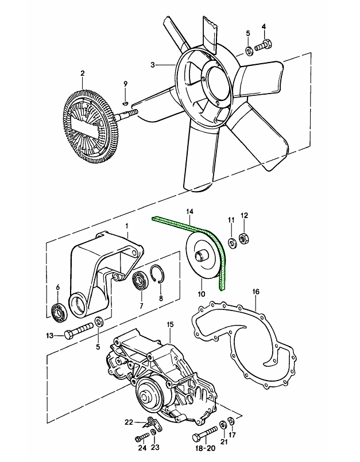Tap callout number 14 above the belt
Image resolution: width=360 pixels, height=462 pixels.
pyautogui.click(x=189, y=212)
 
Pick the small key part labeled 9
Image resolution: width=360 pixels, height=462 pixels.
pyautogui.click(x=125, y=104)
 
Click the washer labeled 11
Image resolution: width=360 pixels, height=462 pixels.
pyautogui.click(x=230, y=241)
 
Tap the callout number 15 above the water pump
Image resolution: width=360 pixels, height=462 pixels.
pyautogui.click(x=170, y=325)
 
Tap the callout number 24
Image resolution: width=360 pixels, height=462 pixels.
pyautogui.click(x=141, y=448)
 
